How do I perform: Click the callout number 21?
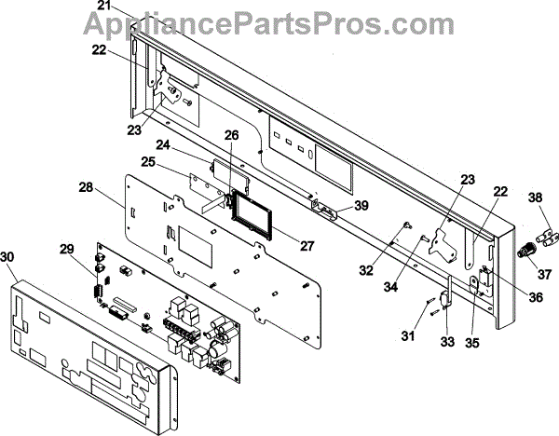pyautogui.click(x=104, y=7)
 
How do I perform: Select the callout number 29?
pyautogui.click(x=67, y=249)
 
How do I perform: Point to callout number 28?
pyautogui.click(x=86, y=187)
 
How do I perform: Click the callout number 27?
pyautogui.click(x=307, y=246)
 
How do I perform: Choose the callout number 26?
pyautogui.click(x=231, y=135)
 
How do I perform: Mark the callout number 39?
pyautogui.click(x=361, y=205)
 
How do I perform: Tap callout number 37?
pyautogui.click(x=544, y=274)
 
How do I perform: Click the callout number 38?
pyautogui.click(x=535, y=198)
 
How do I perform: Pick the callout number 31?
pyautogui.click(x=409, y=335)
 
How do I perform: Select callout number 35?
pyautogui.click(x=472, y=343)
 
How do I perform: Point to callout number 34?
pyautogui.click(x=390, y=286)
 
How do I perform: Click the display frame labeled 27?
pyautogui.click(x=252, y=214)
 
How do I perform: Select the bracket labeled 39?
pyautogui.click(x=323, y=210)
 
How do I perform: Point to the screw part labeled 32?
pyautogui.click(x=407, y=225)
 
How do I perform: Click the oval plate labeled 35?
pyautogui.click(x=474, y=285)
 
